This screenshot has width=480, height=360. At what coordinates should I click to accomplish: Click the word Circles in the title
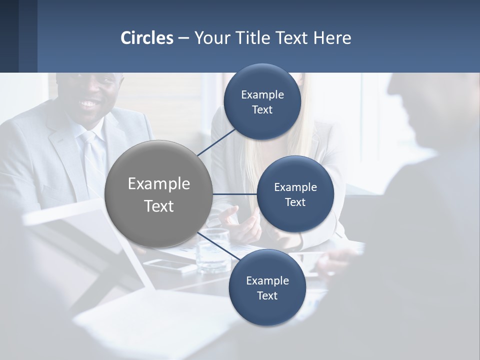click(x=146, y=38)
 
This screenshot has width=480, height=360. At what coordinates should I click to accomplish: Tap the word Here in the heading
click(x=332, y=38)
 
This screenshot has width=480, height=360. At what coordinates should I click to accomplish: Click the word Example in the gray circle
click(x=159, y=184)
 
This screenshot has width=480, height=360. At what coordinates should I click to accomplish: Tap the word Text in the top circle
click(x=262, y=110)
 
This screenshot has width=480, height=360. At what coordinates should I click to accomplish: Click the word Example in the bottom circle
click(x=267, y=281)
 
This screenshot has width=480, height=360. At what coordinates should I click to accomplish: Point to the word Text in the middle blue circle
click(x=295, y=202)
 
